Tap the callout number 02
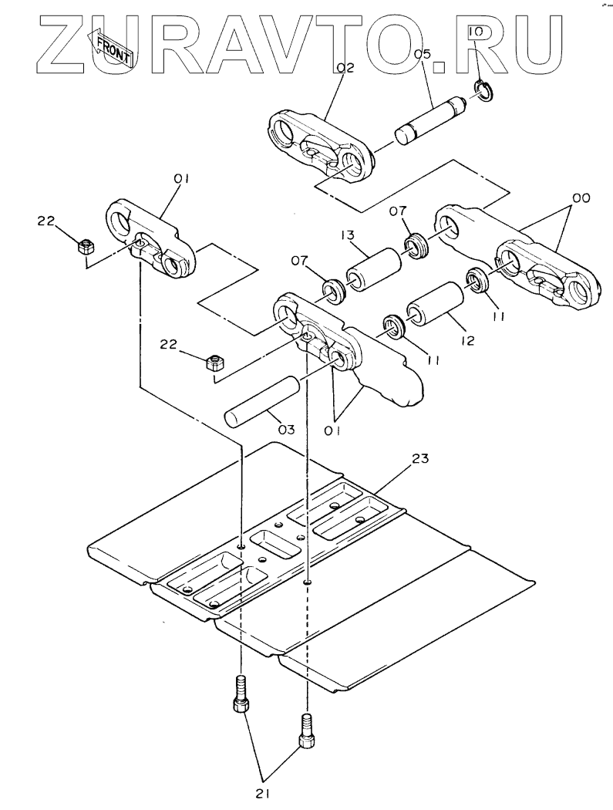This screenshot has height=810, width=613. tap(345, 68)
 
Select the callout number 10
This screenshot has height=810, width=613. tap(475, 32)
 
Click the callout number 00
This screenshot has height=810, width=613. tap(580, 197)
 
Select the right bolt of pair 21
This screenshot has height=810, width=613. tap(305, 731)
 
